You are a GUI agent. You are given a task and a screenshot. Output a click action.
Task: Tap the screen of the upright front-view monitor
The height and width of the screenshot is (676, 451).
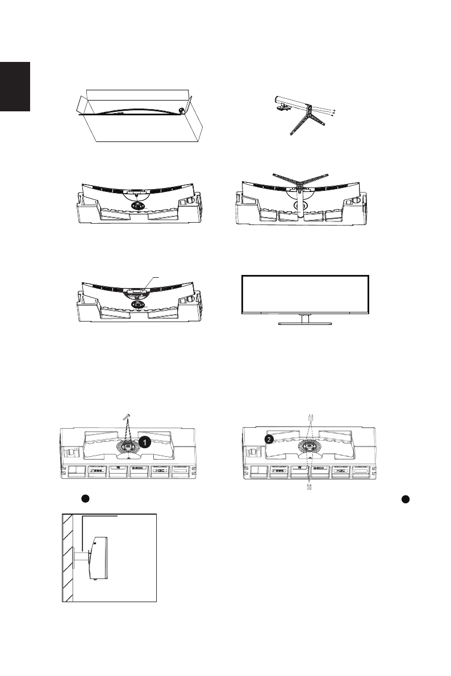pos(306,294)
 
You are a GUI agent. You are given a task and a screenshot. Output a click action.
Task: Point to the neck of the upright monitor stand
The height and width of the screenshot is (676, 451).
pos(305,318)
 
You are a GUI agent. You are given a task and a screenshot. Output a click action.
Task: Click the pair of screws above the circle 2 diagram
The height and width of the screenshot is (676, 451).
pos(311,417)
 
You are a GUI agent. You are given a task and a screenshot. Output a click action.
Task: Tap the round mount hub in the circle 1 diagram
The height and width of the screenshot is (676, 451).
pos(128,446)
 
